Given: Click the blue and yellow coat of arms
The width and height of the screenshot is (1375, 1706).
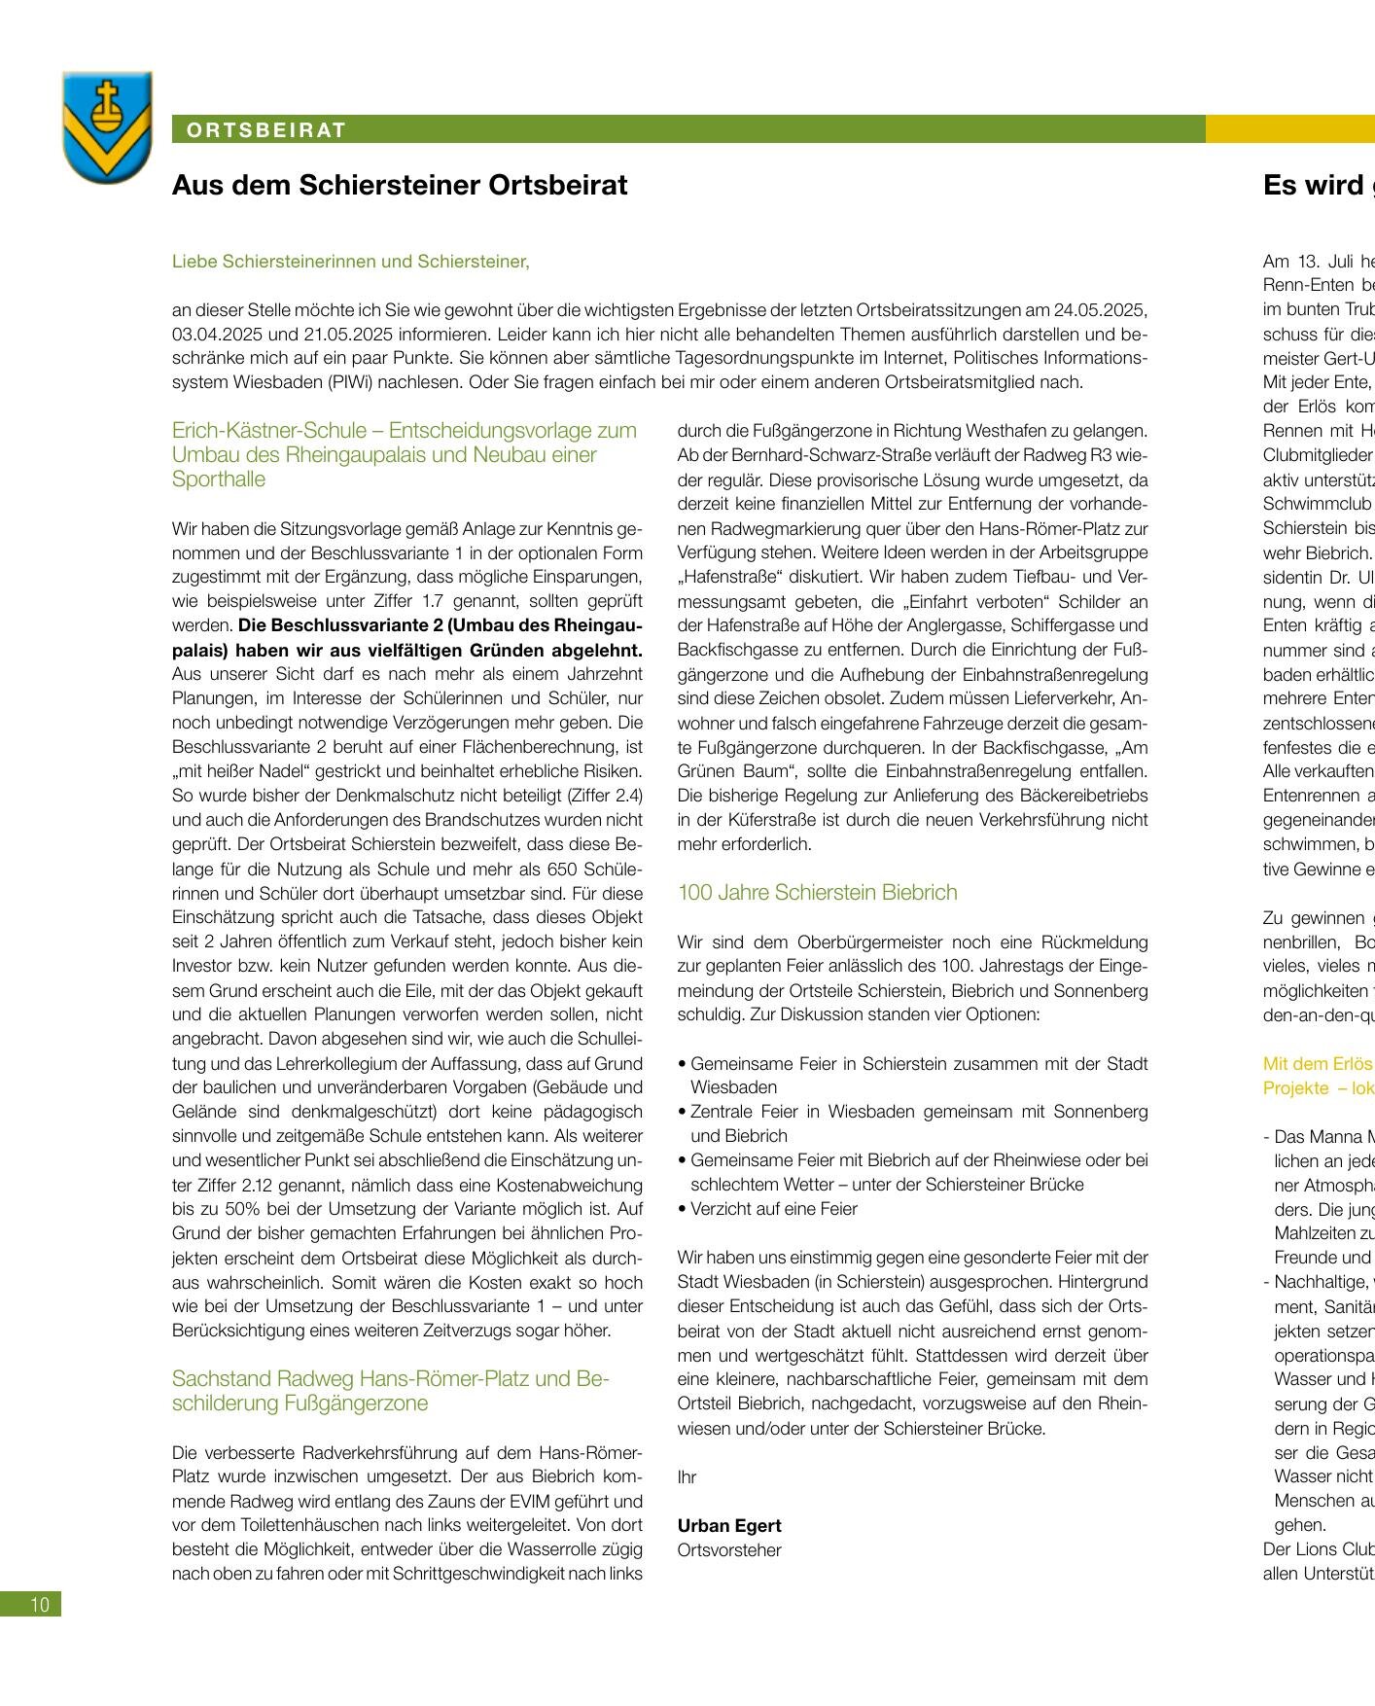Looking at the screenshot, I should (107, 126).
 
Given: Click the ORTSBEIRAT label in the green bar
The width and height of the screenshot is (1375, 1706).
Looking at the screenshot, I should (266, 130).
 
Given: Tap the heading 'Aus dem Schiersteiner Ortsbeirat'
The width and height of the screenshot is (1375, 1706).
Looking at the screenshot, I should (400, 185).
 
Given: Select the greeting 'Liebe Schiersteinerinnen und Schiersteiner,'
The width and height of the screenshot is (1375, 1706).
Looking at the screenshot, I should (350, 262).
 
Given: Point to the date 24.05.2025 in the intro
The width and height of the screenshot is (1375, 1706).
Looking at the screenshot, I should (1102, 310).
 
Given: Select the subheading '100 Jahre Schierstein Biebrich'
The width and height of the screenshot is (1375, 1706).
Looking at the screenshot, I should (817, 892).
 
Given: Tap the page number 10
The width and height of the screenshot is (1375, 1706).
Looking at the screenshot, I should (39, 1604).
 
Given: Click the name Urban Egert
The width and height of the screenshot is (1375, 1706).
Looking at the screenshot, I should (729, 1525).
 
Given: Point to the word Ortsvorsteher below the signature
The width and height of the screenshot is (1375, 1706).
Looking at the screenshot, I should (729, 1549).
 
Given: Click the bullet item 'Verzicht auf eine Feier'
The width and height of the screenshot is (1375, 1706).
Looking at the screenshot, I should (773, 1209).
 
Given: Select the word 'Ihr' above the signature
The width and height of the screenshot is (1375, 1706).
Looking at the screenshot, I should (687, 1476).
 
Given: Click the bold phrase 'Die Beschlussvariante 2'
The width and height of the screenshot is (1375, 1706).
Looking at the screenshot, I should (325, 625).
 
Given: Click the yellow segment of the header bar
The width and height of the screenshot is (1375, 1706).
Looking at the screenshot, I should (1289, 129).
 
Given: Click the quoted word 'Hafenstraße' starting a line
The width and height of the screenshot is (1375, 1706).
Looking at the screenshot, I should (720, 577).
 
